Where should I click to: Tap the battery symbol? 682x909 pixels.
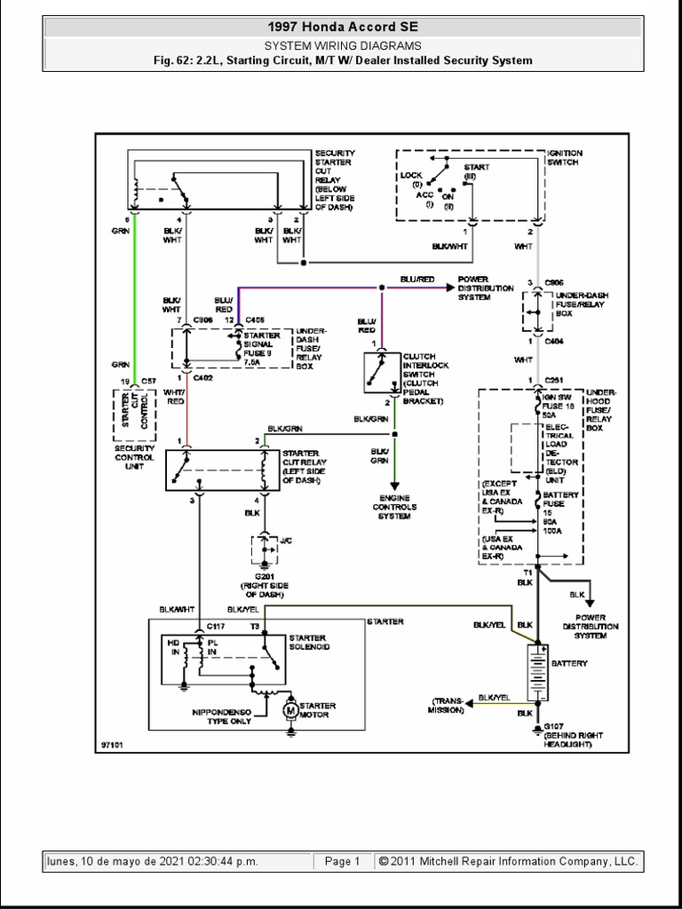[535, 673]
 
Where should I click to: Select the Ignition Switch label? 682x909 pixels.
[565, 157]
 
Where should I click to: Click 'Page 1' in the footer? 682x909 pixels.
[342, 861]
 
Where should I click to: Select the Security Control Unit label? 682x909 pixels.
[134, 458]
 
